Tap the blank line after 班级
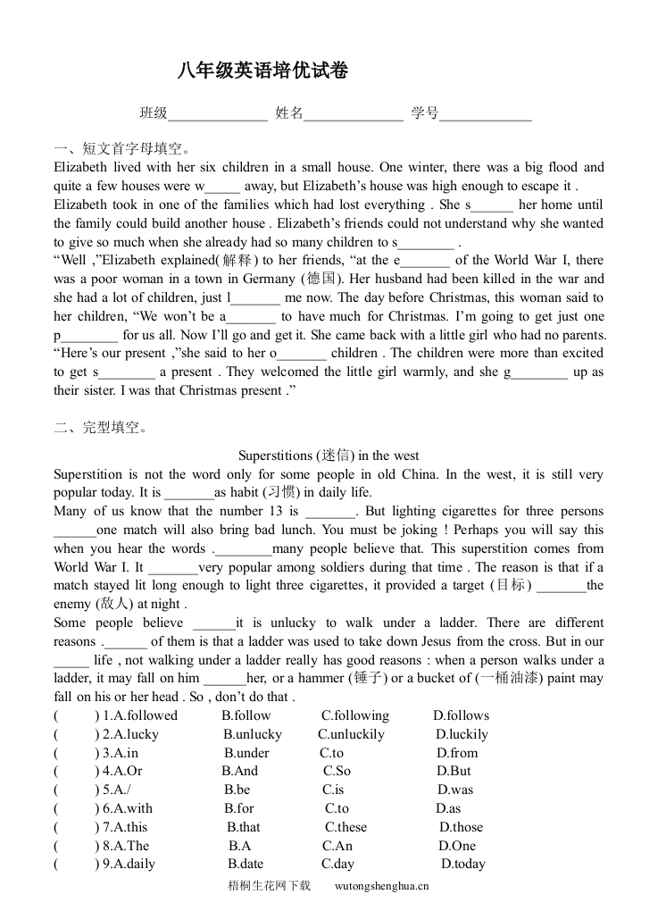[218, 115]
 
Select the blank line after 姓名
[354, 115]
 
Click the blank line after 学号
[486, 115]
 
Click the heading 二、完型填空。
[101, 427]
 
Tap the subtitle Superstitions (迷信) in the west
[329, 455]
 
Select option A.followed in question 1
[140, 715]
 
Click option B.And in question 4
[240, 772]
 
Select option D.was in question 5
[455, 790]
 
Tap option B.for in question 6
[239, 809]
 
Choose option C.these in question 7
[346, 828]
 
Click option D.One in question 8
[457, 847]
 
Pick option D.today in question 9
[463, 865]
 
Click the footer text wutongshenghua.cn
[382, 886]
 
